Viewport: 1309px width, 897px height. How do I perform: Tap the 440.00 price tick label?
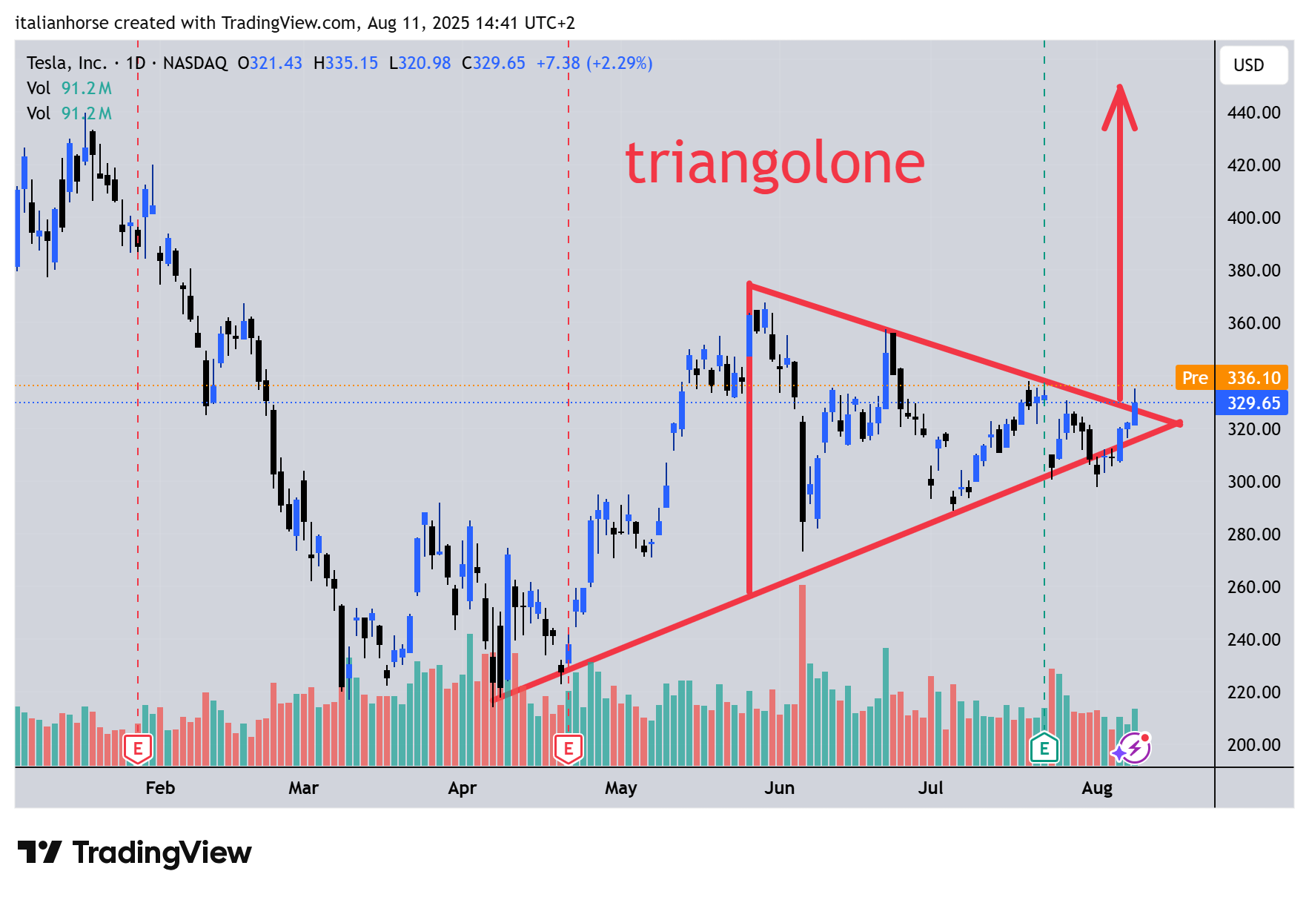(1253, 113)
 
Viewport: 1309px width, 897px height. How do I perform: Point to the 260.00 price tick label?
(1253, 587)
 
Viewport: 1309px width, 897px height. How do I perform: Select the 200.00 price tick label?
(1253, 745)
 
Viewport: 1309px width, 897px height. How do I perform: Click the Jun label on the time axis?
(779, 788)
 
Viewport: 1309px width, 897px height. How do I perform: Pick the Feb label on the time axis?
(160, 788)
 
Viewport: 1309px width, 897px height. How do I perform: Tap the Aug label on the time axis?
(1096, 788)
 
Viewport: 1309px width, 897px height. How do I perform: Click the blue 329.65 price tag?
(1253, 403)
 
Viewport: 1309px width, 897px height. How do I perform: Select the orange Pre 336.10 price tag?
(1231, 378)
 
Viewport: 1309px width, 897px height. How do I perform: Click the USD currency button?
(1253, 65)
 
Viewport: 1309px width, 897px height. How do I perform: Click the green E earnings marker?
(1044, 748)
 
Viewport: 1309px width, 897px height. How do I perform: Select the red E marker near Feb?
(138, 749)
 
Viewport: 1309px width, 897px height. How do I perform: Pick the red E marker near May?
(569, 749)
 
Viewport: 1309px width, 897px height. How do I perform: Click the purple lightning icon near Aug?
(1134, 748)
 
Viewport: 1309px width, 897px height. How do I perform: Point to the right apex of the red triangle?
(1179, 423)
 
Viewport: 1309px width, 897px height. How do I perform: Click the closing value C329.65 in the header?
(493, 63)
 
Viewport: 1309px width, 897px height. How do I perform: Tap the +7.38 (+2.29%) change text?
(594, 63)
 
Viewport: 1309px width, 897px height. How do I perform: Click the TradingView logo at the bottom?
(134, 853)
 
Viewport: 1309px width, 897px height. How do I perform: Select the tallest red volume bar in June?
(802, 675)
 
